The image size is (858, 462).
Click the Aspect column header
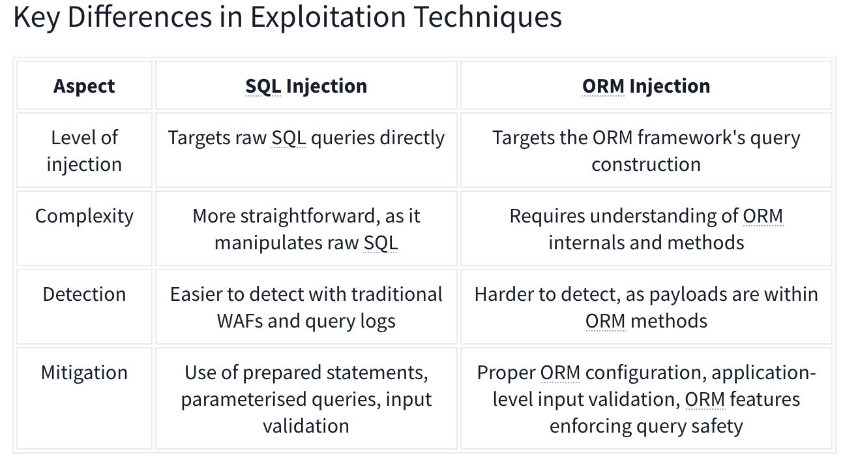click(84, 86)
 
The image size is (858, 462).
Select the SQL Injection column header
click(306, 86)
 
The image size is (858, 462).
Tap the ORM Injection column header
click(646, 86)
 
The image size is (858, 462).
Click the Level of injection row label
click(84, 151)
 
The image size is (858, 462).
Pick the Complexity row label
click(84, 217)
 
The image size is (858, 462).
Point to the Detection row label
click(84, 294)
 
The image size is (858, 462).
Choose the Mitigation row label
click(84, 373)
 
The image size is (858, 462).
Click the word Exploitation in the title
click(328, 17)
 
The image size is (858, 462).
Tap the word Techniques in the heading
click(488, 17)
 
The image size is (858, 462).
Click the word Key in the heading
click(37, 17)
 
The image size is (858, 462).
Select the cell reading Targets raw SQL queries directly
click(306, 138)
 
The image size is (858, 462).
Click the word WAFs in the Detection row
click(240, 321)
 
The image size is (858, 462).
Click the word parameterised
click(244, 400)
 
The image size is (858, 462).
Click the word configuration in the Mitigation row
click(646, 373)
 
